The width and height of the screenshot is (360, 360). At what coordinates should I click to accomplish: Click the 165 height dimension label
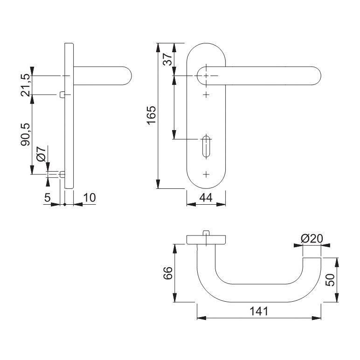[x=151, y=115]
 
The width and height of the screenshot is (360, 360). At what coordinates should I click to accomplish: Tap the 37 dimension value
[x=167, y=59]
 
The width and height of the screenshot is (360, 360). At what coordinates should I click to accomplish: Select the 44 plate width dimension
[x=206, y=198]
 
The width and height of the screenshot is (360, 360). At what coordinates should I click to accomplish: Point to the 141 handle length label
[x=259, y=312]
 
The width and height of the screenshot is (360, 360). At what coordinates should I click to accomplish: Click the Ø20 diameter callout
[x=312, y=239]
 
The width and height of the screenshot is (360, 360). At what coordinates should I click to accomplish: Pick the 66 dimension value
[x=168, y=273]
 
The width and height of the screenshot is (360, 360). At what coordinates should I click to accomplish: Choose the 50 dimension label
[x=330, y=280]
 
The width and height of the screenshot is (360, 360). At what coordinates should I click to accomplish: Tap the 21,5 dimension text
[x=26, y=85]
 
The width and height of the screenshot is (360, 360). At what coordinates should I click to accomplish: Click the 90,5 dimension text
[x=26, y=135]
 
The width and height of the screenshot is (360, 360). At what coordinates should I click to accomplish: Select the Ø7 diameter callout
[x=42, y=154]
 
